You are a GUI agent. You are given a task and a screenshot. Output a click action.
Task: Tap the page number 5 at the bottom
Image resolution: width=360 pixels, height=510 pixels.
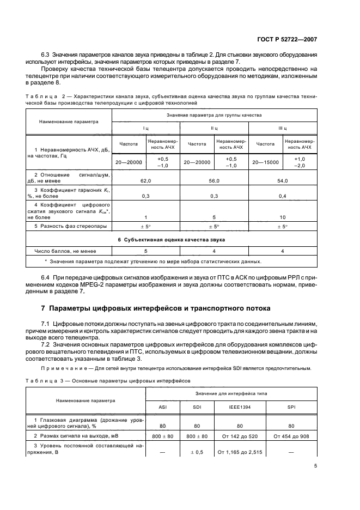(x=316, y=466)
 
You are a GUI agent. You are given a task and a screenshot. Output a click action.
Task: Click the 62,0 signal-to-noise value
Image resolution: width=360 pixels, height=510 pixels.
(x=145, y=179)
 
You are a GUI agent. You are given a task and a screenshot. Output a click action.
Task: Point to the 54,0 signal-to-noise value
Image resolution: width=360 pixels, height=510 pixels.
(x=282, y=179)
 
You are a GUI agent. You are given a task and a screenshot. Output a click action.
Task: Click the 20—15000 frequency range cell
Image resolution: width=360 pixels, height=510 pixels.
(x=265, y=162)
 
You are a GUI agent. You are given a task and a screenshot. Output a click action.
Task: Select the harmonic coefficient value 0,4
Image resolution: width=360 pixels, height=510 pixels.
(x=282, y=195)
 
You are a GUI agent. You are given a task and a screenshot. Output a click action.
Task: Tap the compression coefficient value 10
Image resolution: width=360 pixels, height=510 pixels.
(x=282, y=216)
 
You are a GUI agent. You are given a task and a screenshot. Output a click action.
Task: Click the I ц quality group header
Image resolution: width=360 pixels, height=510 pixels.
(x=145, y=128)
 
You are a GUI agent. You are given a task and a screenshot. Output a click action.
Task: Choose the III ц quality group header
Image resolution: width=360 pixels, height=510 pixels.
(x=282, y=128)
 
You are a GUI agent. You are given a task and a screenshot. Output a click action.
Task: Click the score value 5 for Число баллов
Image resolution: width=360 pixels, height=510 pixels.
(x=145, y=251)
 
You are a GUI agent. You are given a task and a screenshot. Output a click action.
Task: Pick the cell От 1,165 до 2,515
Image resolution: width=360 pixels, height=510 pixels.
(x=240, y=452)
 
